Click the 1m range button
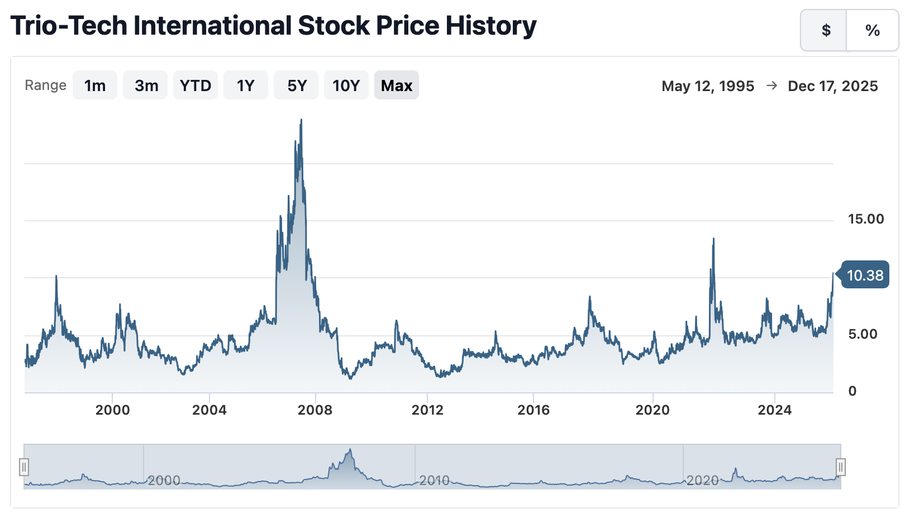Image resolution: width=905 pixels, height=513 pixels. tap(95, 85)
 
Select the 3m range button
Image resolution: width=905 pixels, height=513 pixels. tap(146, 85)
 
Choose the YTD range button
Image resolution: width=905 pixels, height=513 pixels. tap(196, 85)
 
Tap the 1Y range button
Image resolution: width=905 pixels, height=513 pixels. tap(246, 85)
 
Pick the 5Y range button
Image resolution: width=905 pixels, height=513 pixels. tap(297, 85)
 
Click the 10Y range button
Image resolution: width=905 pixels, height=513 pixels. tap(346, 85)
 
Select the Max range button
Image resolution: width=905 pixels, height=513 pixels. tap(397, 85)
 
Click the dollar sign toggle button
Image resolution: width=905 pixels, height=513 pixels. tap(825, 30)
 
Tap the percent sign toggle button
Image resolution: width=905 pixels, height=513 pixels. tap(873, 30)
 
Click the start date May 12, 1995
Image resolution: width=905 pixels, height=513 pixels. tap(708, 86)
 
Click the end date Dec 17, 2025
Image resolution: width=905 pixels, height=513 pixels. tap(832, 86)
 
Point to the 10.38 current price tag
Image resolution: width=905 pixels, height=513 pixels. tap(865, 275)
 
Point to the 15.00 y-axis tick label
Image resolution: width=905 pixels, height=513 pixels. tap(866, 219)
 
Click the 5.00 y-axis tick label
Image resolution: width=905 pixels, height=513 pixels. tap(863, 334)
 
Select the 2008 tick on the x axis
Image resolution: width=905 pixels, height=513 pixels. tap(315, 410)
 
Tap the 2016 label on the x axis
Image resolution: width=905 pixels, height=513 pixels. tap(534, 410)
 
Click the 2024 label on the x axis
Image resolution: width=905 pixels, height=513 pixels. tap(774, 410)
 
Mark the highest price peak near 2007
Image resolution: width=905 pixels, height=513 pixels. tap(301, 120)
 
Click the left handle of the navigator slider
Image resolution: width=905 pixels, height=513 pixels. tap(24, 467)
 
